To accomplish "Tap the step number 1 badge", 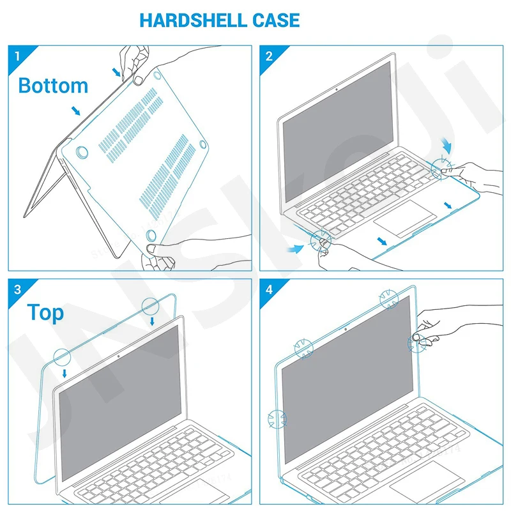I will [x=16, y=56].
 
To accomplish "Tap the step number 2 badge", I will [x=268, y=56].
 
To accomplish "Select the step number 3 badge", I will [x=16, y=289].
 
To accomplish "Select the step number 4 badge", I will [x=268, y=289].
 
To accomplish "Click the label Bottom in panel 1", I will [x=53, y=85].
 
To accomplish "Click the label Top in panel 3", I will [x=45, y=312].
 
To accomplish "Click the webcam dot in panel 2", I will [x=336, y=89].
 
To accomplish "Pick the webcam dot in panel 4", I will [x=345, y=330].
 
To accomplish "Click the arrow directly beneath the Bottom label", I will [x=77, y=112].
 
